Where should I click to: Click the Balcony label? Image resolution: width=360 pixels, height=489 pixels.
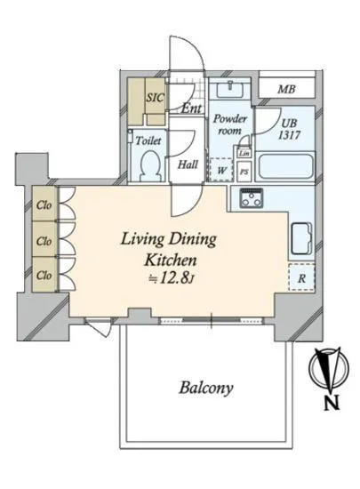(206, 388)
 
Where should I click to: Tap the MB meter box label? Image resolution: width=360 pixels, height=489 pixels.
(286, 90)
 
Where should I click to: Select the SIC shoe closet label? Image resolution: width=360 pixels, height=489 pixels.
(155, 98)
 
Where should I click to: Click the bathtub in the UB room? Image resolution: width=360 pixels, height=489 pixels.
(286, 166)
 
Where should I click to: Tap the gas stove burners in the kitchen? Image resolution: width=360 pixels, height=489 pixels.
(252, 198)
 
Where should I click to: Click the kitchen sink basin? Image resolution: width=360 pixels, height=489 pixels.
(301, 237)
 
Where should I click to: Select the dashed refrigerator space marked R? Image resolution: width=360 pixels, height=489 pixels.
(301, 277)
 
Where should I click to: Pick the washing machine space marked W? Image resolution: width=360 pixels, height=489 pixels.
(221, 170)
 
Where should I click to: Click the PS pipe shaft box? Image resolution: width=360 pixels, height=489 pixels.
(244, 172)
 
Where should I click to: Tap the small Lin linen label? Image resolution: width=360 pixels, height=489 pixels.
(244, 153)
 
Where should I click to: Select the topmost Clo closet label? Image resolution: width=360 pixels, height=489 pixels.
(44, 204)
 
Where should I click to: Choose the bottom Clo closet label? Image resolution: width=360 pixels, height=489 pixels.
(44, 275)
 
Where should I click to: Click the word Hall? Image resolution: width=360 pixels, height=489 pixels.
(188, 164)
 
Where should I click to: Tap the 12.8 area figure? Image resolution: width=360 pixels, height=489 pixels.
(175, 278)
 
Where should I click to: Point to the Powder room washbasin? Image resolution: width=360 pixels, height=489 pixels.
(229, 89)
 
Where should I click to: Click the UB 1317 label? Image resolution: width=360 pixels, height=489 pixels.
(289, 129)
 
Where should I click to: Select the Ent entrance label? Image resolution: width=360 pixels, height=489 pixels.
(191, 108)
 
